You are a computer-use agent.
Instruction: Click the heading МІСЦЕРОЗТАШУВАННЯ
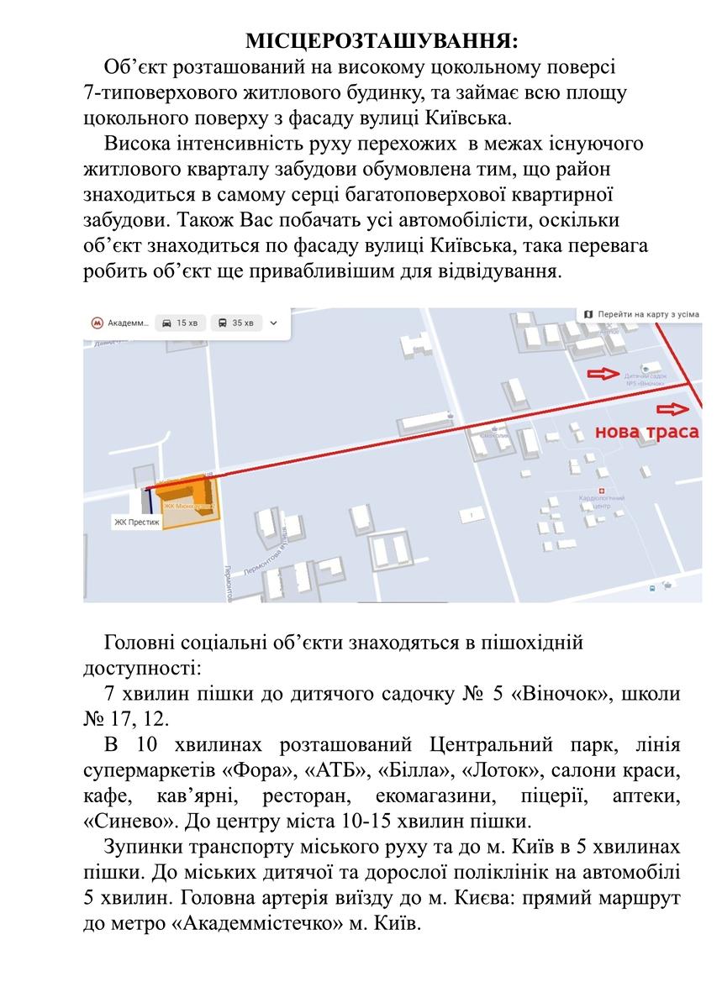click(x=381, y=41)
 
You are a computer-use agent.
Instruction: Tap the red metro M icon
click(x=98, y=323)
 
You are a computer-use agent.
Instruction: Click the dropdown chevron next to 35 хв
click(x=274, y=323)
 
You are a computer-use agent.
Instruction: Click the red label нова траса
click(x=646, y=433)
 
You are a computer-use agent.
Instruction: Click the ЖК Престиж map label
click(x=136, y=522)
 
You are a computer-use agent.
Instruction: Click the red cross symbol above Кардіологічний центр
click(x=601, y=490)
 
